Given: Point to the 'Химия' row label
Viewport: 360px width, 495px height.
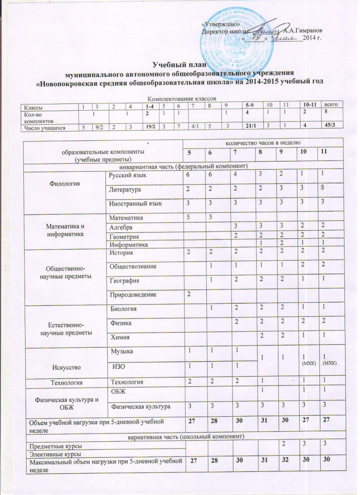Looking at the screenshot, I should coord(118,336).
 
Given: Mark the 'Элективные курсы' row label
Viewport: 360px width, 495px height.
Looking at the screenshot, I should coord(56,454).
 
